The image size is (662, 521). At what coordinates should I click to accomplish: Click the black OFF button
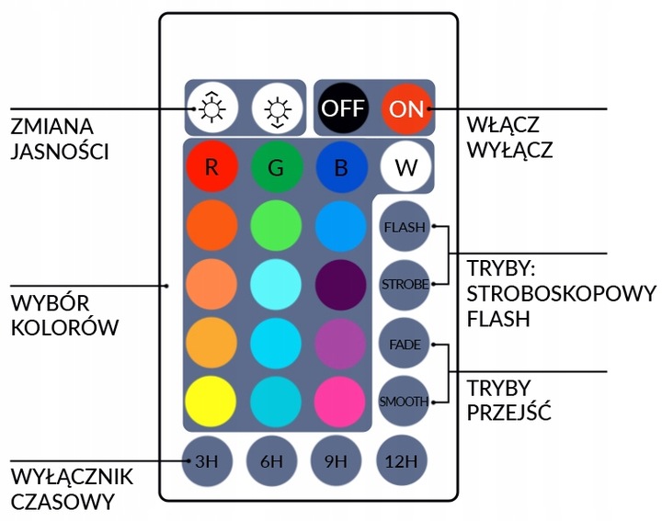342,108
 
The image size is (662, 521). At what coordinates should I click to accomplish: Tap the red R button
211,168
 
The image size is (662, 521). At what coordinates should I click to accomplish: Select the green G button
276,168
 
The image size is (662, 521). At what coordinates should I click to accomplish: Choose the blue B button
341,168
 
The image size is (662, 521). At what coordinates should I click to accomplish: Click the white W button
405,168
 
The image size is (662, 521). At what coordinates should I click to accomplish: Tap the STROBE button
405,284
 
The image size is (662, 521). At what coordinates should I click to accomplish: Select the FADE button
405,344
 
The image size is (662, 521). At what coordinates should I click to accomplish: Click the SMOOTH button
405,402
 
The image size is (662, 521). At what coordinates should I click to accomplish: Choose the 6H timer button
272,461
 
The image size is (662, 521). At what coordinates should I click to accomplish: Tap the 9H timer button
337,461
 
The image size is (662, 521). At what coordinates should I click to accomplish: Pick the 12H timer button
402,461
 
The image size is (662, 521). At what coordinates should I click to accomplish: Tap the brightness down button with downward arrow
276,108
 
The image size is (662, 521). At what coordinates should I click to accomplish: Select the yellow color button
211,402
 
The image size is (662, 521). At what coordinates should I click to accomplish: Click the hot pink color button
341,402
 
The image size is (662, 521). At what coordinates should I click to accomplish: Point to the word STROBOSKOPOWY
561,295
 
